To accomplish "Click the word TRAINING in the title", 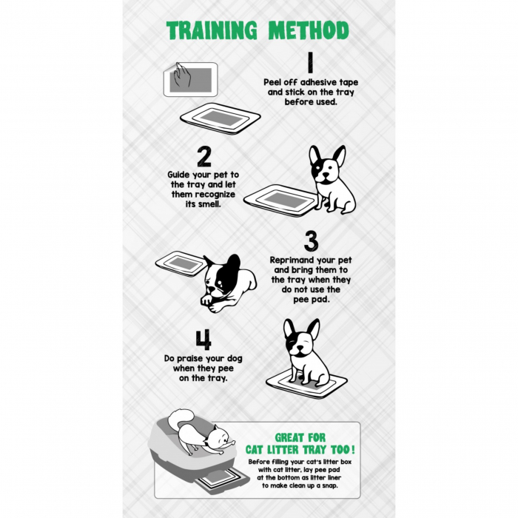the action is click(212, 30).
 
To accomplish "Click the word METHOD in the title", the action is click(309, 30).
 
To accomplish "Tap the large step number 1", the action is click(310, 62).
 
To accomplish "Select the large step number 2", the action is click(203, 157).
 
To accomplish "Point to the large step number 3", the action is click(311, 241).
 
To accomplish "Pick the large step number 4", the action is click(203, 340).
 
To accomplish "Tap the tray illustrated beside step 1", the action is click(221, 118).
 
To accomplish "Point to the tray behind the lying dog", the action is click(181, 263).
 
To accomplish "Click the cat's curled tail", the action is click(181, 417).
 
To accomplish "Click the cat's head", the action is click(219, 436).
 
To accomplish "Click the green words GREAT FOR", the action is click(300, 438).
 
